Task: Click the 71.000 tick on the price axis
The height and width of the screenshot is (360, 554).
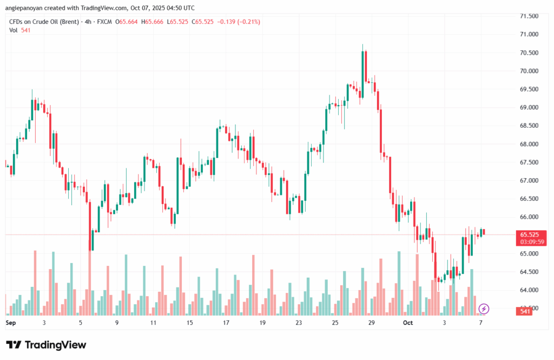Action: pyautogui.click(x=529, y=34)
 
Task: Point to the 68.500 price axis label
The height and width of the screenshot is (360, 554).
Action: pyautogui.click(x=529, y=126)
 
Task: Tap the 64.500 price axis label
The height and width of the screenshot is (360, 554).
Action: pyautogui.click(x=529, y=272)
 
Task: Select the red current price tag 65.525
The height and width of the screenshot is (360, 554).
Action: pyautogui.click(x=529, y=234)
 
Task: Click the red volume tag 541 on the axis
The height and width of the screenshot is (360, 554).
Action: pyautogui.click(x=524, y=311)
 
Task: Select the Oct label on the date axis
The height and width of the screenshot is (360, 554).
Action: pyautogui.click(x=408, y=323)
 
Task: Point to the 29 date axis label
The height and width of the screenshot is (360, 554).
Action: pyautogui.click(x=371, y=323)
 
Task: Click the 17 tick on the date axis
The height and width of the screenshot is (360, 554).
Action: pyautogui.click(x=226, y=323)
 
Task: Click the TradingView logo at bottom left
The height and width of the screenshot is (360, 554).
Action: pyautogui.click(x=46, y=345)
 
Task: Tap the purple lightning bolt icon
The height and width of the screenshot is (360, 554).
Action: pyautogui.click(x=484, y=309)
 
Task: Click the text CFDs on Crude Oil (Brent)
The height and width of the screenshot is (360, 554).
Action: pyautogui.click(x=44, y=22)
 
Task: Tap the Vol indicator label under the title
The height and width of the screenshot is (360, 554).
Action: pyautogui.click(x=14, y=30)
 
